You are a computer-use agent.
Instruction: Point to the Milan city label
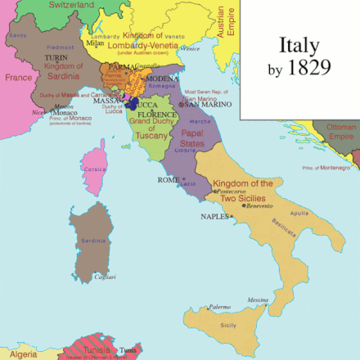pyautogui.click(x=96, y=43)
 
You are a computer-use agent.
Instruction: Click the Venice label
pyautogui.click(x=191, y=48)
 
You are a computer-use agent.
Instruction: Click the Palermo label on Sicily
pyautogui.click(x=218, y=307)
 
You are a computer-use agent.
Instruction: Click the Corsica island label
pyautogui.click(x=97, y=168)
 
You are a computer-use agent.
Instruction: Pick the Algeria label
pyautogui.click(x=22, y=353)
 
